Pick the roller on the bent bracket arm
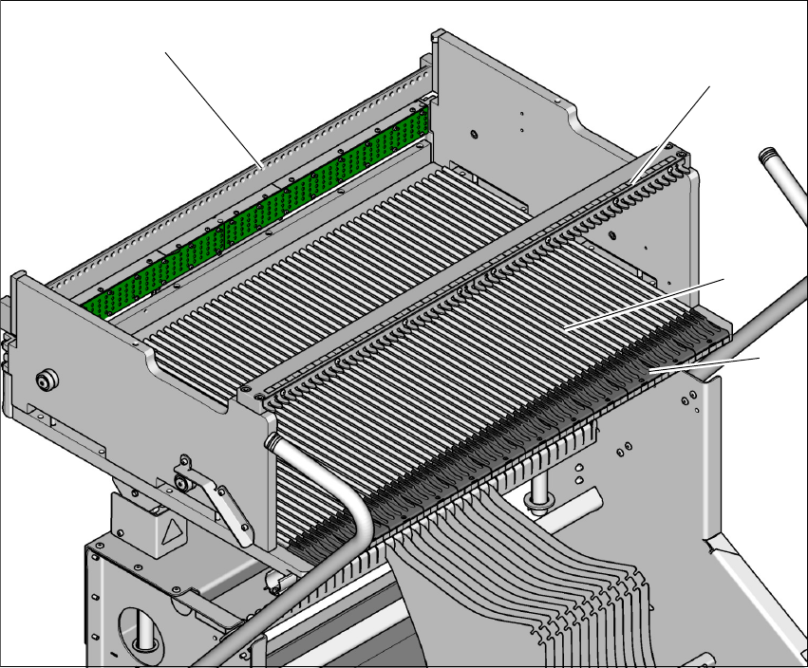coord(179,485)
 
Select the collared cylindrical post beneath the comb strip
coord(542,492)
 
